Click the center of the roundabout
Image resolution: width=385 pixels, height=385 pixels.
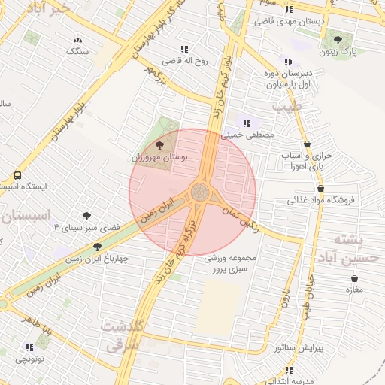click(201, 192)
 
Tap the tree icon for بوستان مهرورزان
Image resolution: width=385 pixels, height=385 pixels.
click(159, 144)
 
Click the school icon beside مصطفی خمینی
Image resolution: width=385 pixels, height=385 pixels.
click(246, 123)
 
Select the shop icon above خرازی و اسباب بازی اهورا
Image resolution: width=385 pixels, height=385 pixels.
click(307, 144)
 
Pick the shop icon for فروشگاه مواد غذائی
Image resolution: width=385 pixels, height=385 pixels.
click(321, 189)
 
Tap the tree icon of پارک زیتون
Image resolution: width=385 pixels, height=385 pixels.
click(337, 39)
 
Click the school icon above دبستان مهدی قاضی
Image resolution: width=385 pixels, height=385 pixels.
click(290, 9)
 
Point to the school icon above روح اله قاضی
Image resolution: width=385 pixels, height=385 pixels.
click(176, 47)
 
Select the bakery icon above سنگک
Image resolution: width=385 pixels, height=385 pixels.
click(77, 40)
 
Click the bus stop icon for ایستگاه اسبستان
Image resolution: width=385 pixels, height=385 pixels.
click(17, 174)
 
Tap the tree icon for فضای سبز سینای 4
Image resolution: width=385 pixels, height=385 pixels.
click(88, 216)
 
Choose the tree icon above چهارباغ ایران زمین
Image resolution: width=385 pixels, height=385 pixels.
click(97, 247)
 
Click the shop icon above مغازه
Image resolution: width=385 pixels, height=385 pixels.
click(353, 277)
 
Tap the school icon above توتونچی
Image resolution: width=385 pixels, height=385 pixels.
click(29, 347)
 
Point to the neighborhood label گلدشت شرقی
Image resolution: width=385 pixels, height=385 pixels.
click(121, 336)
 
